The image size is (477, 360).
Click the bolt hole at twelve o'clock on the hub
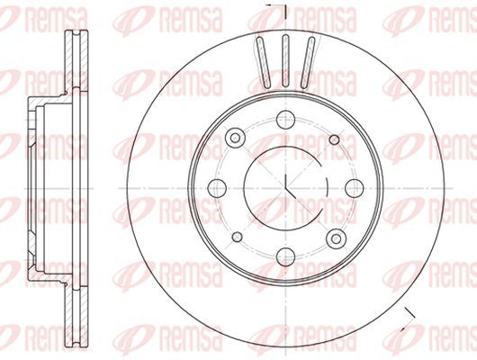[x=286, y=120]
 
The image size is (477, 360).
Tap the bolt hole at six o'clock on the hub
[x=286, y=256]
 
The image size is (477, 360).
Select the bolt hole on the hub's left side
[x=217, y=188]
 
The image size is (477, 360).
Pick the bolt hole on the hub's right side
[x=355, y=188]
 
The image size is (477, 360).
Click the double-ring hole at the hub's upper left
[x=235, y=138]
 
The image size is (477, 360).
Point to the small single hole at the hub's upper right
[x=334, y=139]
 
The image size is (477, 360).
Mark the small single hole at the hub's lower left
[x=238, y=237]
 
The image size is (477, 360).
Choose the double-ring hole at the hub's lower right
[x=336, y=238]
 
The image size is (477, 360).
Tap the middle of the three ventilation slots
[x=285, y=61]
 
